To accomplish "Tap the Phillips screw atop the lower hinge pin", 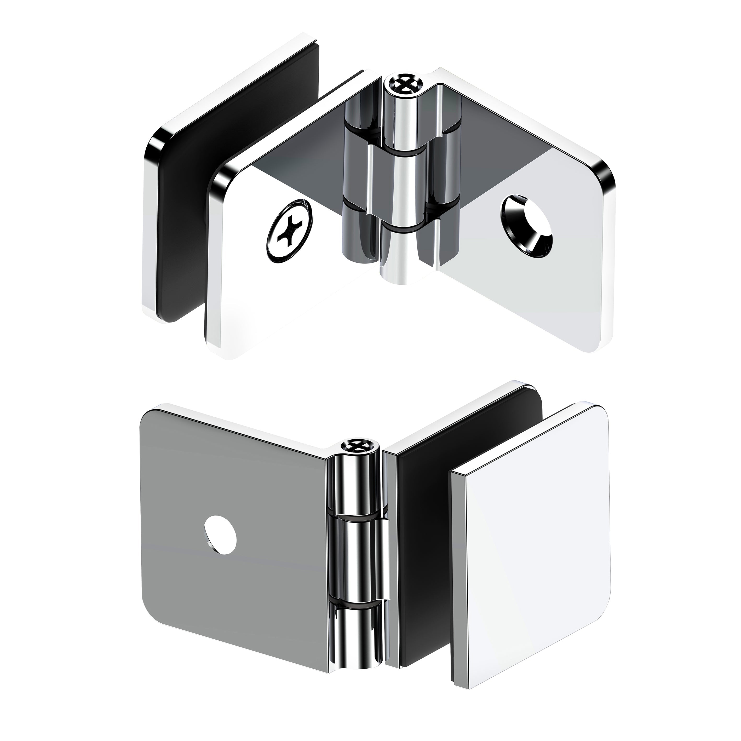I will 355,445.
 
